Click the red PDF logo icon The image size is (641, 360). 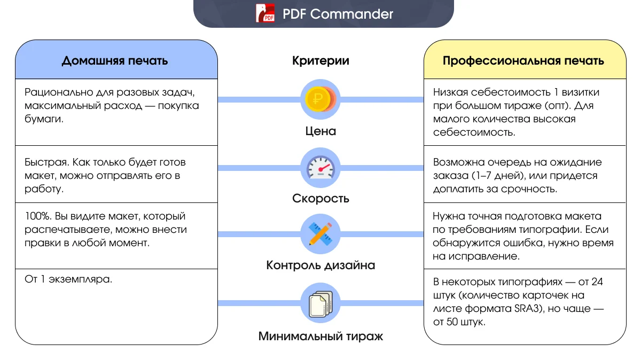pos(265,13)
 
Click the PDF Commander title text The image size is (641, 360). pos(338,14)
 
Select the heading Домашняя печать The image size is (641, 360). pos(115,60)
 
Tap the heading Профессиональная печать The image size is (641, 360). pos(523,60)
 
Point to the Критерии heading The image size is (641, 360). pos(320,60)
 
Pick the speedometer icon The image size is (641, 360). pos(320,168)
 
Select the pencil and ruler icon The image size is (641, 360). pos(320,234)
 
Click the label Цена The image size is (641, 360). pos(320,131)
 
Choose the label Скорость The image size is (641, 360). pos(320,199)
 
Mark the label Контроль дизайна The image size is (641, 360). pos(320,265)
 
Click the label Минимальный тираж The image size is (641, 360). pos(320,336)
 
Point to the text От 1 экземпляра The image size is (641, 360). pos(68,279)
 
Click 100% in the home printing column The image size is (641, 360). pos(35,216)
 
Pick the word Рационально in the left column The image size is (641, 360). pos(55,92)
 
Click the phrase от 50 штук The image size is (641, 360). pos(459,323)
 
